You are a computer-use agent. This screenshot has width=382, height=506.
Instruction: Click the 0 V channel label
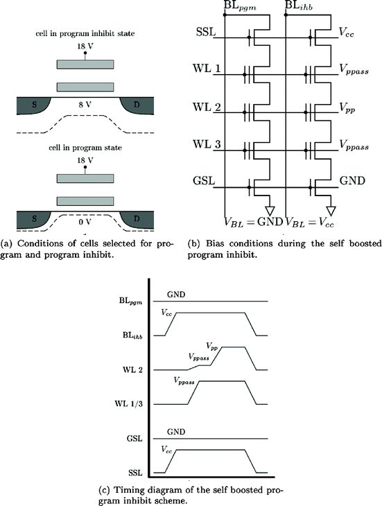[84, 224]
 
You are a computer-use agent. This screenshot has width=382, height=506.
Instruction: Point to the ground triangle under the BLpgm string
[271, 209]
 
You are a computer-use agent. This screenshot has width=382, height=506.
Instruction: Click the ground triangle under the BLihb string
[331, 209]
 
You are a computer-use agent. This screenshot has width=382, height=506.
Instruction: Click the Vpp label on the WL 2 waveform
[213, 344]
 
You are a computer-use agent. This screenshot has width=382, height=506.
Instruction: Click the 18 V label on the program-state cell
[85, 159]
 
